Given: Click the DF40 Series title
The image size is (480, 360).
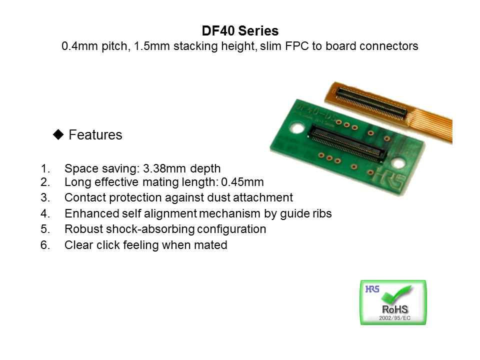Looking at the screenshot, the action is (x=240, y=30).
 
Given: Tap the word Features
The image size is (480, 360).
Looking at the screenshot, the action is (x=95, y=134).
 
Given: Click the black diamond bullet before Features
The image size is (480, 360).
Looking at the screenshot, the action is (x=58, y=134).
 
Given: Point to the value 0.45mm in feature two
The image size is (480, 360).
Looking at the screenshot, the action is (x=242, y=182).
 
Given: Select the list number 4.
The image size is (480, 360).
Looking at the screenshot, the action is (x=45, y=213).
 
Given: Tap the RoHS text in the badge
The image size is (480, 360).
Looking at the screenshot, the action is (x=395, y=309).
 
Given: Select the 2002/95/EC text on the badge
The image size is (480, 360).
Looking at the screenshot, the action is (x=394, y=318).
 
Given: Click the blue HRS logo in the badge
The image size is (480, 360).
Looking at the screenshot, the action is (x=372, y=289).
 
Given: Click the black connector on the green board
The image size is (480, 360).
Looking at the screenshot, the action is (x=347, y=143).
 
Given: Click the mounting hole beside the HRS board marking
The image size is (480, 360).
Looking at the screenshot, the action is (x=398, y=163).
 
